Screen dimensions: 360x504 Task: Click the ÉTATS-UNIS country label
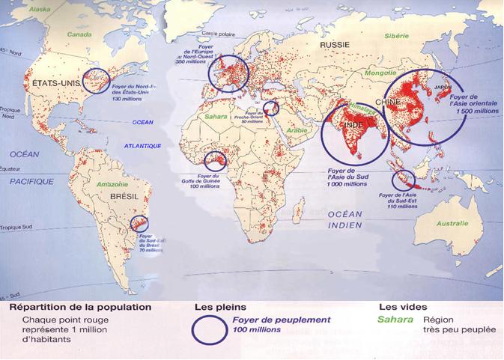(52, 84)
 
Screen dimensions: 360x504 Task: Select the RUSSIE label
(335, 45)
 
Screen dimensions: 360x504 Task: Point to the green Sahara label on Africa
(214, 117)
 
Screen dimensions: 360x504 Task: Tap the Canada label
(79, 34)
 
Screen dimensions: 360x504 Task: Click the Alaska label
(39, 9)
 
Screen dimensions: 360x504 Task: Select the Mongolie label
(381, 73)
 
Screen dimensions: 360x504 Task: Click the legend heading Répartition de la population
(81, 307)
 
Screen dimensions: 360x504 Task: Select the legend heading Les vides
(403, 307)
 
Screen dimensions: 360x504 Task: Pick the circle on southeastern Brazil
(140, 222)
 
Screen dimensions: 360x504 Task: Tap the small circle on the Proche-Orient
(270, 109)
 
